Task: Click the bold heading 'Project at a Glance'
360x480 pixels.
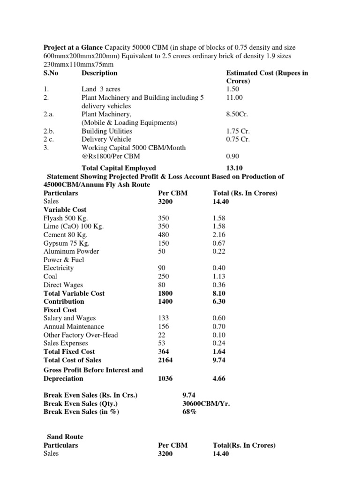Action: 73,47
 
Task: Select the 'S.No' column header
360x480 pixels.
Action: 52,73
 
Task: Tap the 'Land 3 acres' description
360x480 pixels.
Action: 102,89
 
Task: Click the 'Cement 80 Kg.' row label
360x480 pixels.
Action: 65,234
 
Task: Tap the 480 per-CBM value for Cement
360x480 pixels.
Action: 165,234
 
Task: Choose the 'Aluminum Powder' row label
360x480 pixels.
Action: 71,251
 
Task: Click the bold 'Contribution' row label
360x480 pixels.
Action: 64,301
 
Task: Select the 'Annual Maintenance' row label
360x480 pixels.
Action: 74,327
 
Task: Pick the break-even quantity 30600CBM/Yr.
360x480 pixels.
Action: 206,403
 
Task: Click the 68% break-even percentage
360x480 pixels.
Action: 189,412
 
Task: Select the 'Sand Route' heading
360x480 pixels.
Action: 65,436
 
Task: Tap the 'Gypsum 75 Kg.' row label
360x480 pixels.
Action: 66,243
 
